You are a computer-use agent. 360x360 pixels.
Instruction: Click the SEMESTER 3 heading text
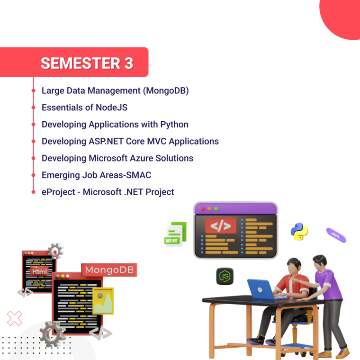pyautogui.click(x=87, y=63)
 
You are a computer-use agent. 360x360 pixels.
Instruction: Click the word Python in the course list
pyautogui.click(x=173, y=125)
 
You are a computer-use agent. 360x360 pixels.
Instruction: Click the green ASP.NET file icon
pyautogui.click(x=175, y=234)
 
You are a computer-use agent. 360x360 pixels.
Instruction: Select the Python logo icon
pyautogui.click(x=299, y=232)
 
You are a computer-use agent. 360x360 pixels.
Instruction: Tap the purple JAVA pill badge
pyautogui.click(x=336, y=235)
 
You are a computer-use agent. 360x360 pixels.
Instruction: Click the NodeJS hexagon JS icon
pyautogui.click(x=225, y=276)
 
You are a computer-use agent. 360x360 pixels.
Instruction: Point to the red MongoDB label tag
pyautogui.click(x=109, y=270)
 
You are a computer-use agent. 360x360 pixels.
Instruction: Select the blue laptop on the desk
pyautogui.click(x=261, y=289)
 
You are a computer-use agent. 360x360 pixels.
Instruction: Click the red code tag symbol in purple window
pyautogui.click(x=220, y=226)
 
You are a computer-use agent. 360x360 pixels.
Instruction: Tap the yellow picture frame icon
pyautogui.click(x=103, y=301)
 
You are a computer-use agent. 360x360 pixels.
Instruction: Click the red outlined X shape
pyautogui.click(x=14, y=318)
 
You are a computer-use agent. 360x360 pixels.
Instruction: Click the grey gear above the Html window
pyautogui.click(x=55, y=250)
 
